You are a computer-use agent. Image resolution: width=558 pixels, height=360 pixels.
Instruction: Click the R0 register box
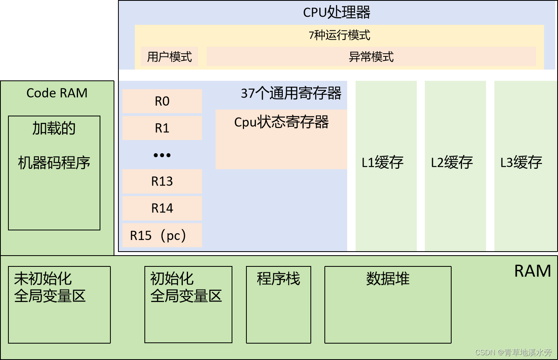162,101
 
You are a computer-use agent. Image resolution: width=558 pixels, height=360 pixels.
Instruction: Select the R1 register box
162,128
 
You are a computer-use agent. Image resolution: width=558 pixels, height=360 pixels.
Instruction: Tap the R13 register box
162,181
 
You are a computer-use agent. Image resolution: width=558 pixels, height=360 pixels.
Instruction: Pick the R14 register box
162,208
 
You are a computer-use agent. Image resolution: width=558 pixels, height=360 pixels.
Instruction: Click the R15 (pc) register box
162,235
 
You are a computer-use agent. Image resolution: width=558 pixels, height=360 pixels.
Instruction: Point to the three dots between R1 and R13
162,155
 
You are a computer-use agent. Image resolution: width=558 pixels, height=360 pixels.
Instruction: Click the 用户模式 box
170,57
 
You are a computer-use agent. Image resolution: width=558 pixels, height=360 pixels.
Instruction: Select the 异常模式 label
371,57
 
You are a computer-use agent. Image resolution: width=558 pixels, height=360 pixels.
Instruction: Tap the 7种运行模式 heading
339,35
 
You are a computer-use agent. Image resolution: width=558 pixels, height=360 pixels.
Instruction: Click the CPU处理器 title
337,12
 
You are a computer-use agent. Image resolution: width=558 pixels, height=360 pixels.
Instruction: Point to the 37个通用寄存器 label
291,93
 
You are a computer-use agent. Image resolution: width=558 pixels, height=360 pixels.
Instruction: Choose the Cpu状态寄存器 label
281,122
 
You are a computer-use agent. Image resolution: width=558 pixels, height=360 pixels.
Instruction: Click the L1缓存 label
383,162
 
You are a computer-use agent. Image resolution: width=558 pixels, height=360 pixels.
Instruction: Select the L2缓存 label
452,162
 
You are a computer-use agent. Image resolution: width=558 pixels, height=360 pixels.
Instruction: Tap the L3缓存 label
522,162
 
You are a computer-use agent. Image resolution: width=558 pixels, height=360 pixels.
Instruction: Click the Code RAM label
57,93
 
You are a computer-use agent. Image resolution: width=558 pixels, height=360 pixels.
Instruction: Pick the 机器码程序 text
54,163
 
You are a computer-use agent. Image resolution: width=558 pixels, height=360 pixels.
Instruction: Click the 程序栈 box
278,304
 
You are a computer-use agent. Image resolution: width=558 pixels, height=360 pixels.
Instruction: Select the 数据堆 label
388,279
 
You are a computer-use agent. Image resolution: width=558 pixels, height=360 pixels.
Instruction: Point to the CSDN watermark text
513,352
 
